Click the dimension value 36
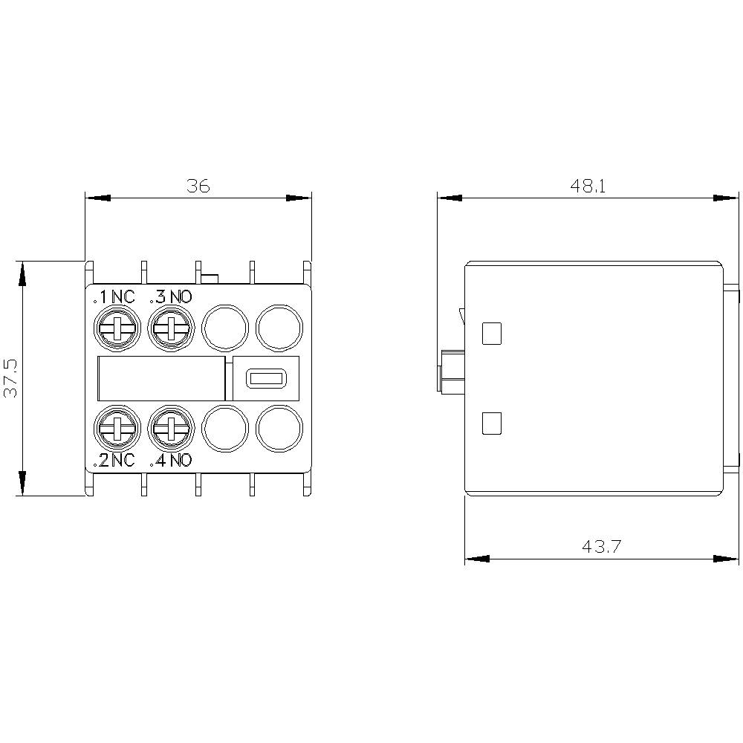click(x=198, y=186)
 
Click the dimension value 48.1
click(x=588, y=186)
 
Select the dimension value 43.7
click(x=601, y=547)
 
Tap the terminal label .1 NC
click(x=114, y=297)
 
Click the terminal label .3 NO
click(x=171, y=297)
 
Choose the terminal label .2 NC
click(x=114, y=461)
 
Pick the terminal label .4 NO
click(x=171, y=461)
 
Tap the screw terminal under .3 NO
click(x=172, y=327)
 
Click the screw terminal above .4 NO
click(x=172, y=428)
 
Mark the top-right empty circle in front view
click(x=279, y=327)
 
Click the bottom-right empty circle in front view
click(x=279, y=428)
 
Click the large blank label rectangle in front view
click(x=160, y=378)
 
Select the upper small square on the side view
click(x=492, y=334)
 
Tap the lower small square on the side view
click(x=492, y=423)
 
